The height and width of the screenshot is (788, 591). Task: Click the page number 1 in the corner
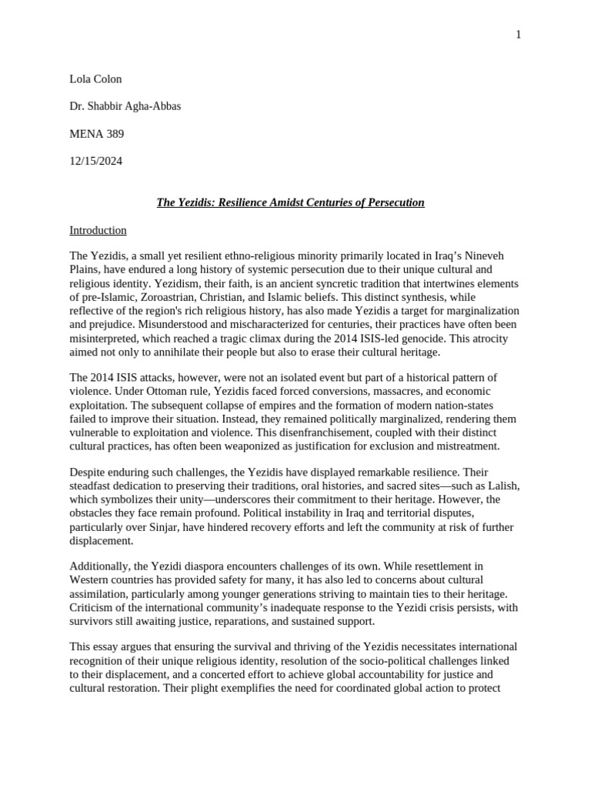click(519, 35)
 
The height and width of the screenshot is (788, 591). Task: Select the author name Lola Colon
click(95, 78)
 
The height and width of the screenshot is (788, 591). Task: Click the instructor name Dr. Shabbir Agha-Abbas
click(125, 106)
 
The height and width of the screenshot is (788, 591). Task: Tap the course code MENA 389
click(96, 134)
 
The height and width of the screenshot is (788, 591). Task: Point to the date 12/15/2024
click(95, 162)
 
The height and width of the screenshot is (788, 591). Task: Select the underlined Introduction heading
click(98, 230)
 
